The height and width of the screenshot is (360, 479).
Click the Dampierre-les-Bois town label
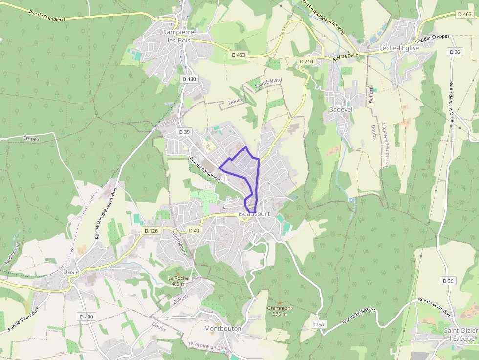(x=178, y=36)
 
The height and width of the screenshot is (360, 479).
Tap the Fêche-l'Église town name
(x=399, y=48)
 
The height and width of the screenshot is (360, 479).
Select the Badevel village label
(x=341, y=109)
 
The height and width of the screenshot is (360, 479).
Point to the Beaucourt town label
(x=255, y=214)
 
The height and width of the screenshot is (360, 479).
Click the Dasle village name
(x=71, y=272)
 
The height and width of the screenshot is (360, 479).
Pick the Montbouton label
(x=223, y=328)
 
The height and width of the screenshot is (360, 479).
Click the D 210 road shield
(x=305, y=61)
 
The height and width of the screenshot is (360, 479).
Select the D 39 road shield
(x=184, y=132)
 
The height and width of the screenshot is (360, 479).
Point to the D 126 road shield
(x=152, y=231)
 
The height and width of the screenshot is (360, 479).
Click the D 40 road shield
(x=194, y=231)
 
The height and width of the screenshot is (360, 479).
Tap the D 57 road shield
(x=319, y=324)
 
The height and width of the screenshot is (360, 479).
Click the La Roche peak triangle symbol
(x=178, y=274)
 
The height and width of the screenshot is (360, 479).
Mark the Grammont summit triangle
(x=280, y=303)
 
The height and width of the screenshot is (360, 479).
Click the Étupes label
(x=31, y=139)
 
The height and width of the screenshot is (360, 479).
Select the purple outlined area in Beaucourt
(x=242, y=169)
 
